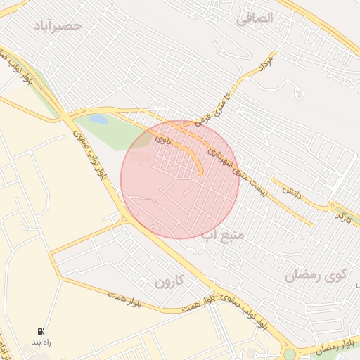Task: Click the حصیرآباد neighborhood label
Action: (58, 25)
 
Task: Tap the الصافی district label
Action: (254, 19)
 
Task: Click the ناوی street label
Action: (162, 140)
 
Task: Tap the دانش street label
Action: (292, 191)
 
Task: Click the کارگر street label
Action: (344, 215)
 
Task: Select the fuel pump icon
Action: (41, 331)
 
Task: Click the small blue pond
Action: (98, 120)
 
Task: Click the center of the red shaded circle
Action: (180, 179)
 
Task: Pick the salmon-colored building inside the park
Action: (141, 158)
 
